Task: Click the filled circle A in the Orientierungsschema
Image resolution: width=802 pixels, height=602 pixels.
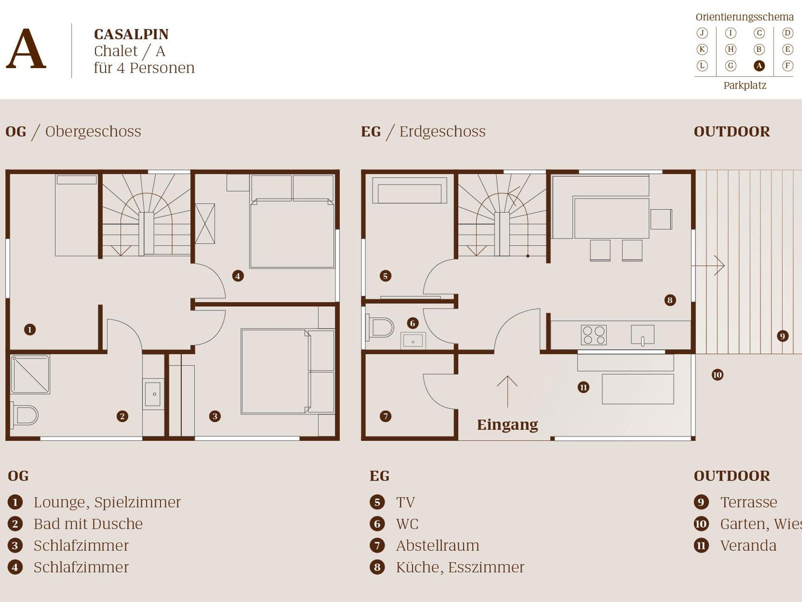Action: tap(759, 66)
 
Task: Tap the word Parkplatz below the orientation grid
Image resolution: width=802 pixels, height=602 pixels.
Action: tap(744, 85)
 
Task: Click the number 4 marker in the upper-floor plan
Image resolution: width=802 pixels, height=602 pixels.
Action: tap(238, 276)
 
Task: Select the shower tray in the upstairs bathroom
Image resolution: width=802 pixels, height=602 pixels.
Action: tap(30, 374)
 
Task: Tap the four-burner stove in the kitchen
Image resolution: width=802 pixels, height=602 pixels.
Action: tap(594, 335)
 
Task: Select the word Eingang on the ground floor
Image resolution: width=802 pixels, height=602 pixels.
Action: tap(507, 425)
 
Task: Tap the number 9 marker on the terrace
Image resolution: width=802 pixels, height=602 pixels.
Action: tap(782, 336)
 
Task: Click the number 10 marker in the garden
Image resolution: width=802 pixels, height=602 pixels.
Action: tap(717, 375)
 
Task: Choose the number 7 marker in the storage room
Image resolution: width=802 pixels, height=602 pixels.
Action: tap(385, 416)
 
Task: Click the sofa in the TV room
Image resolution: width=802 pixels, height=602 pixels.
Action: tap(409, 191)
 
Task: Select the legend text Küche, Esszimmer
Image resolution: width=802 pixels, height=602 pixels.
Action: tap(460, 567)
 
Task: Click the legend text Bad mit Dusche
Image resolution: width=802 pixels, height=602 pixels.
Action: tap(88, 524)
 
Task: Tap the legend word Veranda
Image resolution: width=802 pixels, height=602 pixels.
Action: tap(748, 546)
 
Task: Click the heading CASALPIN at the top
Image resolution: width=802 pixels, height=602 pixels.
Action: tap(131, 34)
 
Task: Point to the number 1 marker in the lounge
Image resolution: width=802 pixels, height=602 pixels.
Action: tap(30, 330)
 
